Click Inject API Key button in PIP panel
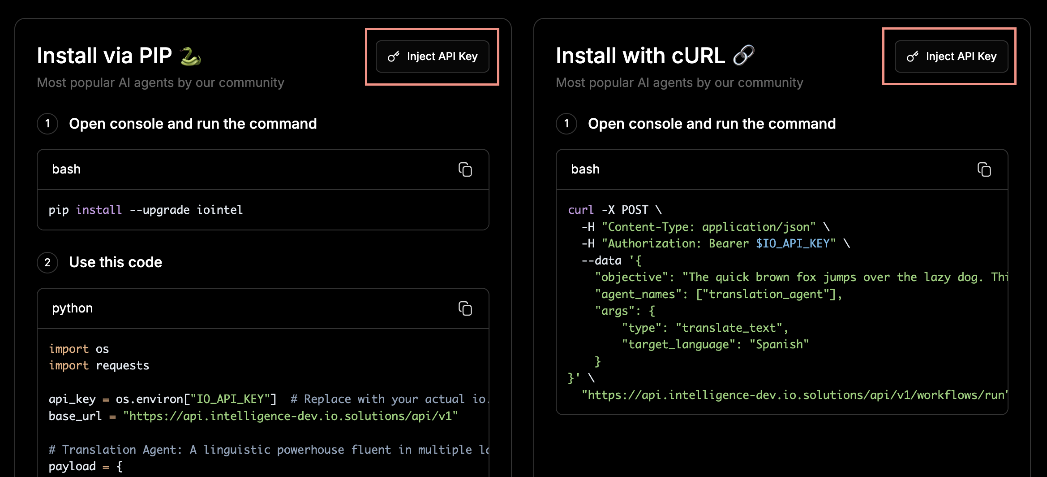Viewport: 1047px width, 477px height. [432, 56]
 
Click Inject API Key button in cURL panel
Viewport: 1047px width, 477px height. [951, 56]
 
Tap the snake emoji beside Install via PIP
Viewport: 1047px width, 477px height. [190, 56]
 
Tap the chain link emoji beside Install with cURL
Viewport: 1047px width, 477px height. [744, 56]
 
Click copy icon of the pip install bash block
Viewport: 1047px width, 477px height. [465, 169]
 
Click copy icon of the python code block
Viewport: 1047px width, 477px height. [465, 308]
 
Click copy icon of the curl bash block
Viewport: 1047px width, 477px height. [984, 169]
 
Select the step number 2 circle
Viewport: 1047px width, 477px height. [47, 263]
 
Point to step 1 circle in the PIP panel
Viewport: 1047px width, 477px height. [47, 124]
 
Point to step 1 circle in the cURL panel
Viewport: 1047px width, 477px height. [566, 124]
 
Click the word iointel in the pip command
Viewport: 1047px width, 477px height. [219, 210]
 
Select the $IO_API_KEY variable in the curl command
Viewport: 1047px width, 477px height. [793, 243]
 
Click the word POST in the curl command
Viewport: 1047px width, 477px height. [635, 210]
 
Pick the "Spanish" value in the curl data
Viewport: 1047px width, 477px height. [779, 344]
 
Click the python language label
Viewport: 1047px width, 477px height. [73, 308]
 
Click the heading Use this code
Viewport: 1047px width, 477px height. [116, 262]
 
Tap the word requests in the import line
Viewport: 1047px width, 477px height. [122, 366]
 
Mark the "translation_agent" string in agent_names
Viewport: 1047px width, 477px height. [766, 294]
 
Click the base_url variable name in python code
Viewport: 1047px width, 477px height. [75, 416]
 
